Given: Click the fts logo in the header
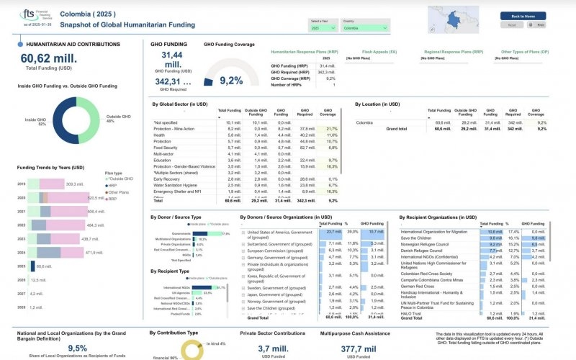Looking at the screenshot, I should (x=30, y=14).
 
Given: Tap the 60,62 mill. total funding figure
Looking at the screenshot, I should (x=49, y=59).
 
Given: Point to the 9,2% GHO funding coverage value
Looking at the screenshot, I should (x=231, y=81).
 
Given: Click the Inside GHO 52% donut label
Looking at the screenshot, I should (x=36, y=122).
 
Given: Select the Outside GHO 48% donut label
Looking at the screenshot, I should (x=116, y=119).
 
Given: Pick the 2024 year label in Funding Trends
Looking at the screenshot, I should (x=21, y=253).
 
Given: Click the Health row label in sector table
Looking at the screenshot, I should (x=160, y=135).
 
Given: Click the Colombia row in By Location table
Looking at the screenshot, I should (x=368, y=123).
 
